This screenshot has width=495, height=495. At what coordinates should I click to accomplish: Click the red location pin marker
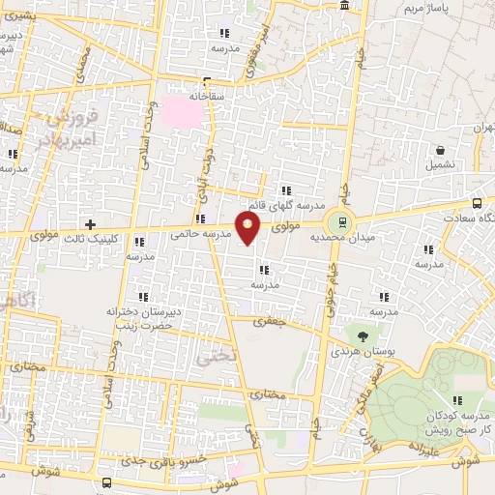click(249, 229)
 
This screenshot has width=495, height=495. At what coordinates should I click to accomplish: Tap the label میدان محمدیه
click(381, 234)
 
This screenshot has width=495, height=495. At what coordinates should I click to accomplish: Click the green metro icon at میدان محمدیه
click(335, 219)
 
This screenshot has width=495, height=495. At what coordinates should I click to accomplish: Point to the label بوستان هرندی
click(360, 352)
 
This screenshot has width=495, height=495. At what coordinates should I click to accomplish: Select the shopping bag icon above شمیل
click(441, 150)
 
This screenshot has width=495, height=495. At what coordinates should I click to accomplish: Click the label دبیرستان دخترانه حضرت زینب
click(144, 319)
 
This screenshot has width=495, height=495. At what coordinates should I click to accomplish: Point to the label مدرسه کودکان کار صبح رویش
click(457, 421)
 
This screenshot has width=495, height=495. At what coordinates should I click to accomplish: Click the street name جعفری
click(271, 323)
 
